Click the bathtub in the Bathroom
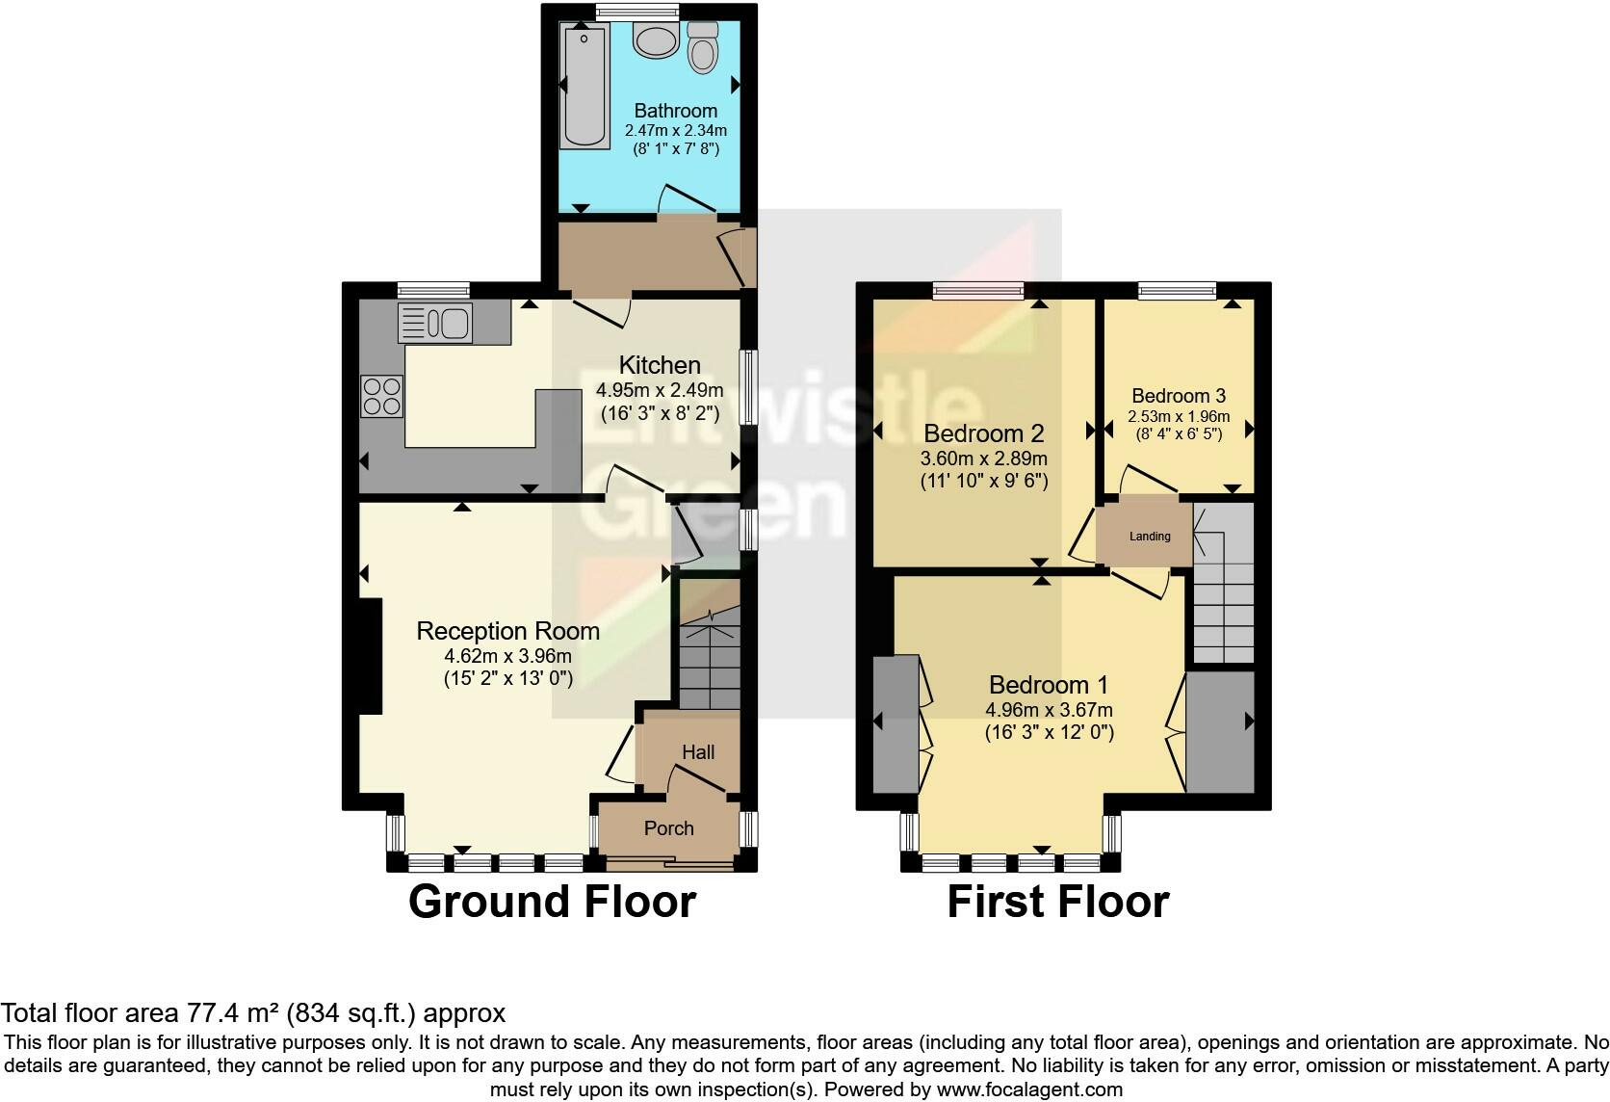click(x=584, y=87)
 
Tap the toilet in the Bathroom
click(x=703, y=47)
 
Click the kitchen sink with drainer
click(x=435, y=323)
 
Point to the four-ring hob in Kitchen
click(x=381, y=396)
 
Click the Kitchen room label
click(x=659, y=365)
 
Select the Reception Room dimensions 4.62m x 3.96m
click(x=507, y=656)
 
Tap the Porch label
click(x=668, y=828)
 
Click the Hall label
click(x=698, y=752)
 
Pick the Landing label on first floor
click(x=1150, y=537)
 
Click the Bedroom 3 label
click(x=1178, y=396)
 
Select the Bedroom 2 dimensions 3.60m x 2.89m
click(x=984, y=459)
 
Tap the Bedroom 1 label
click(x=1049, y=685)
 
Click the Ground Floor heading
click(x=552, y=902)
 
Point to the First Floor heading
click(x=1057, y=902)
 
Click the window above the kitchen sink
click(x=432, y=289)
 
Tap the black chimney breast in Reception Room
click(x=370, y=655)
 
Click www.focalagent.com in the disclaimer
click(x=1028, y=1089)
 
